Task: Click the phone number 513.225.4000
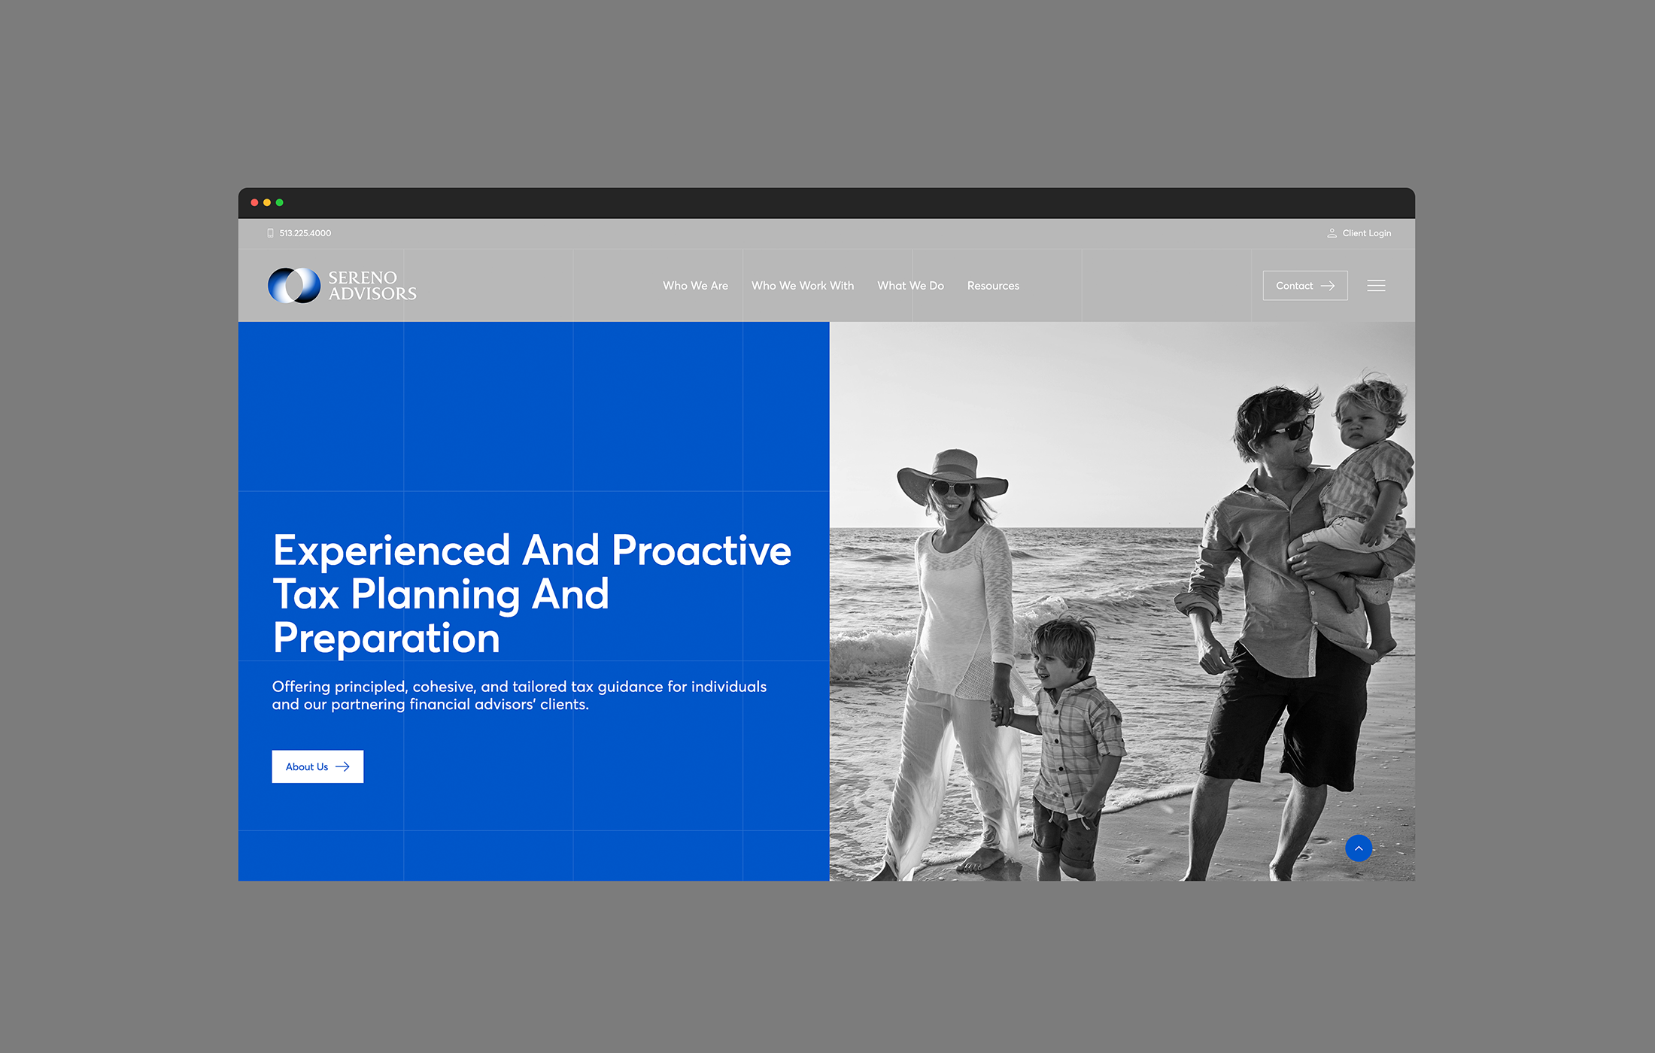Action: point(305,233)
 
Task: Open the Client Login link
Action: point(1365,233)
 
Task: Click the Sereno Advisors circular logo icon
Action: point(294,286)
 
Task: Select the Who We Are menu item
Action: point(695,286)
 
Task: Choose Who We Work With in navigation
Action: point(802,286)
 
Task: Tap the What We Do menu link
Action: point(910,286)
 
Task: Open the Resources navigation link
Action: point(993,286)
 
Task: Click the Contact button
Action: point(1304,286)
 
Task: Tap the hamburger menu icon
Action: point(1376,286)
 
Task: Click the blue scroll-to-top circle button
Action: point(1358,848)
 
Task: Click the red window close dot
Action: point(254,202)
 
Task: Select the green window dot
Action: point(280,202)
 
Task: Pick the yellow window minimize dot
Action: point(267,202)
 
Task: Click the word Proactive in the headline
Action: point(701,551)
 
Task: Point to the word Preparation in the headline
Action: point(386,639)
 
